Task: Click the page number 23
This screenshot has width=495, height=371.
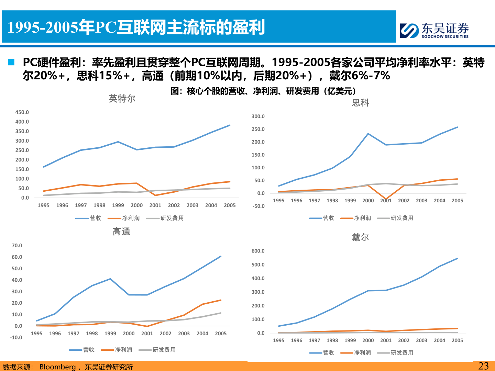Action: (483, 366)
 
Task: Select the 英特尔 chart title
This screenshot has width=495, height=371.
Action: (122, 99)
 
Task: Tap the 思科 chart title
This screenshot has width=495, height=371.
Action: (360, 103)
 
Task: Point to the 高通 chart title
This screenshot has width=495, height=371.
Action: (121, 232)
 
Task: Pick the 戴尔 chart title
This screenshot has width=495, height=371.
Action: (360, 237)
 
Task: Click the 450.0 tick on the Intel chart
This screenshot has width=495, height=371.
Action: (22, 112)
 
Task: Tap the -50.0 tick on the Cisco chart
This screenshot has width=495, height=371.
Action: (258, 206)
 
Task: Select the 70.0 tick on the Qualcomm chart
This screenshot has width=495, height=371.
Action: (17, 246)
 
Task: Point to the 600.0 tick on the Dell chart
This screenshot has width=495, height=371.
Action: (258, 251)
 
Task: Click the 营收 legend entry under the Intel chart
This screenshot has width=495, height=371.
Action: (89, 218)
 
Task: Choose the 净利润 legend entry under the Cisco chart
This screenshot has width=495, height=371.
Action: (356, 218)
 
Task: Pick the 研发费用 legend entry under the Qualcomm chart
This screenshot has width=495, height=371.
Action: (157, 350)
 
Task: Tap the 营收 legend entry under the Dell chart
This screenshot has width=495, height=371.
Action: (322, 353)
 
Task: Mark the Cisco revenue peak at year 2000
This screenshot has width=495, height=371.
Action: (368, 134)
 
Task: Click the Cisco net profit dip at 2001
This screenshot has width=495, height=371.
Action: (386, 199)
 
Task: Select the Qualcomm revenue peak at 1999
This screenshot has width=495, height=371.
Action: (110, 279)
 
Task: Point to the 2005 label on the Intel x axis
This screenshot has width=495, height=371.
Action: (230, 205)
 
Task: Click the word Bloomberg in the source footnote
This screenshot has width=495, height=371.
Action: (57, 367)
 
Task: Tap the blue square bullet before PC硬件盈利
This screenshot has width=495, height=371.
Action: (11, 62)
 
